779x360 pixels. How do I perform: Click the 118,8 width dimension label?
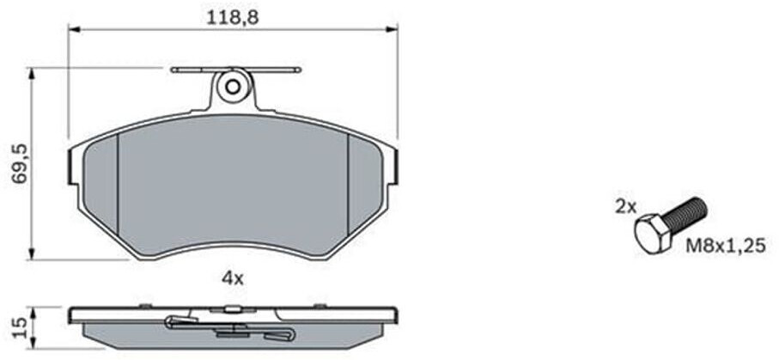pos(233,18)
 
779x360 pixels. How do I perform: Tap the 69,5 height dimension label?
pos(21,165)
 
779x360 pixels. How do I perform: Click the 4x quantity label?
pos(233,278)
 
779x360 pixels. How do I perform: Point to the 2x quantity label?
pos(625,207)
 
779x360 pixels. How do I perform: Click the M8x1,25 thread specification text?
pos(726,246)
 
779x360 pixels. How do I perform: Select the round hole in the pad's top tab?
pos(233,87)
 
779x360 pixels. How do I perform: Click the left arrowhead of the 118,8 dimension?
pos(74,29)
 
